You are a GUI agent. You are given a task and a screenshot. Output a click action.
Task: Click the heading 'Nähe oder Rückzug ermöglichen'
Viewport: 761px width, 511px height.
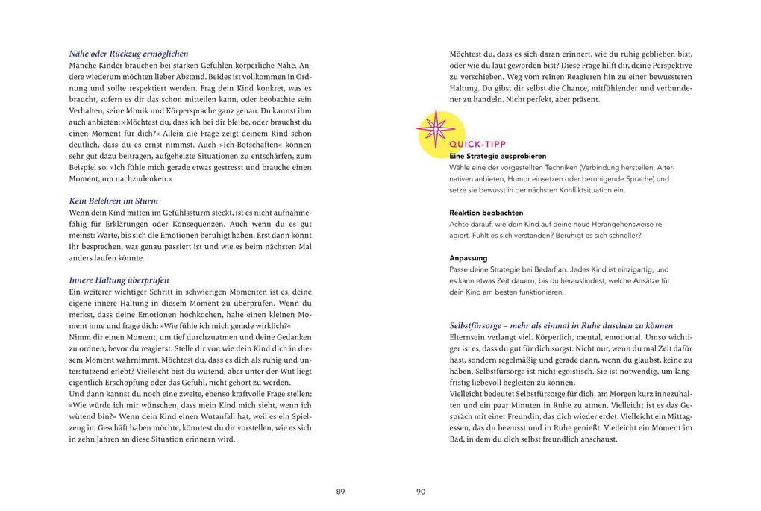click(128, 54)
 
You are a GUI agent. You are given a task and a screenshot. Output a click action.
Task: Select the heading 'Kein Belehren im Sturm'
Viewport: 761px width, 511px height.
click(113, 201)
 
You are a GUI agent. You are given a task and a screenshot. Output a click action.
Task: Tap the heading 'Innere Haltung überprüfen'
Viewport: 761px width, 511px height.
click(119, 280)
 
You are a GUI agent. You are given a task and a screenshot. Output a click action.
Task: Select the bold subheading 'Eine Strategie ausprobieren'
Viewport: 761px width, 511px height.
click(498, 157)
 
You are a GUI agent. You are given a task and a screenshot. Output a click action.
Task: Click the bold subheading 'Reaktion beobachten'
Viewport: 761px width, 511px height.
click(486, 213)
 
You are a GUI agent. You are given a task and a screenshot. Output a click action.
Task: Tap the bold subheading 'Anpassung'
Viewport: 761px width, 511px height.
click(469, 258)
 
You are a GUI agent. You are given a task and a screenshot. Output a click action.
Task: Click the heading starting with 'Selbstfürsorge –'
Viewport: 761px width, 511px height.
click(561, 325)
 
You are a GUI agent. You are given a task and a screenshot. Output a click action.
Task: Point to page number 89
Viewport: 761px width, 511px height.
click(341, 492)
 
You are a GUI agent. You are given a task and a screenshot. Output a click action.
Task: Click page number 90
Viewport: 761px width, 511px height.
click(421, 492)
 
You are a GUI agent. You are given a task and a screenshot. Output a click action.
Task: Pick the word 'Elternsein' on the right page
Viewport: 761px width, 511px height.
click(469, 337)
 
